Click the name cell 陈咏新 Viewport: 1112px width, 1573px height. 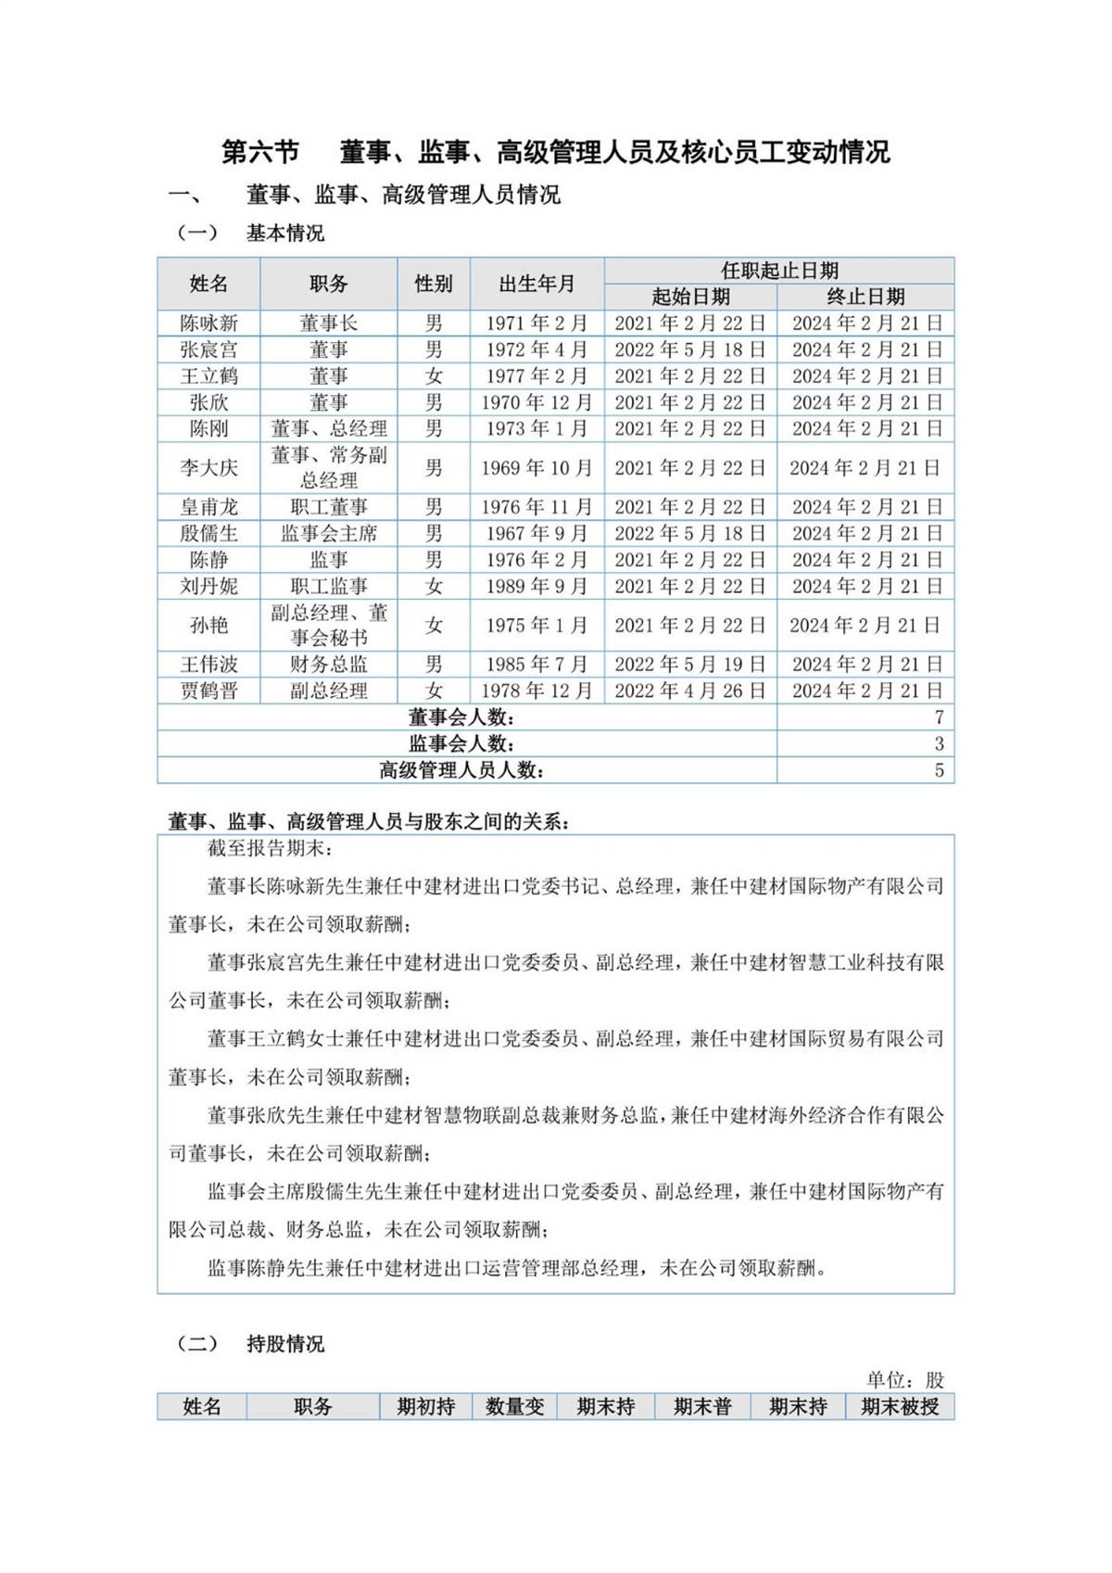click(x=208, y=323)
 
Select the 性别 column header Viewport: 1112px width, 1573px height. click(x=434, y=284)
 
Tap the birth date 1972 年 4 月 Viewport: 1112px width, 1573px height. click(x=537, y=349)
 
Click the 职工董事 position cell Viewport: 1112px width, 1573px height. click(x=329, y=507)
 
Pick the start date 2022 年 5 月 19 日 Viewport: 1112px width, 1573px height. click(x=689, y=665)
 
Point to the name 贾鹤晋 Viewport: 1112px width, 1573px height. click(x=208, y=691)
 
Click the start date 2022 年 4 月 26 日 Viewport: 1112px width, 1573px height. click(x=689, y=691)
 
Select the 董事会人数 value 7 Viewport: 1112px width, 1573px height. click(x=939, y=717)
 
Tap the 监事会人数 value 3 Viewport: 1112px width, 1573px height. click(x=939, y=743)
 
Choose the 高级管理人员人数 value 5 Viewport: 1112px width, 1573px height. click(x=939, y=770)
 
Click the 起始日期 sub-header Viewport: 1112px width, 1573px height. click(x=690, y=297)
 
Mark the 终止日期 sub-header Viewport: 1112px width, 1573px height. click(x=866, y=297)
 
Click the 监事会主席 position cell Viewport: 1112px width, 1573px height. click(x=329, y=534)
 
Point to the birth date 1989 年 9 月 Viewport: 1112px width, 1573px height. click(x=537, y=587)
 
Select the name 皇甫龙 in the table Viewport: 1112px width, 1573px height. click(x=208, y=507)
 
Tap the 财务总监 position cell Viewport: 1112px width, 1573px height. click(x=329, y=665)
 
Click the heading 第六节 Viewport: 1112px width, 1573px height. click(x=260, y=152)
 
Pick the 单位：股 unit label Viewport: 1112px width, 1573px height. click(x=904, y=1379)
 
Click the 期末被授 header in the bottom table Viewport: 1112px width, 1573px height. click(x=899, y=1406)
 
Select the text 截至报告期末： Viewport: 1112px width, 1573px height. click(x=270, y=848)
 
